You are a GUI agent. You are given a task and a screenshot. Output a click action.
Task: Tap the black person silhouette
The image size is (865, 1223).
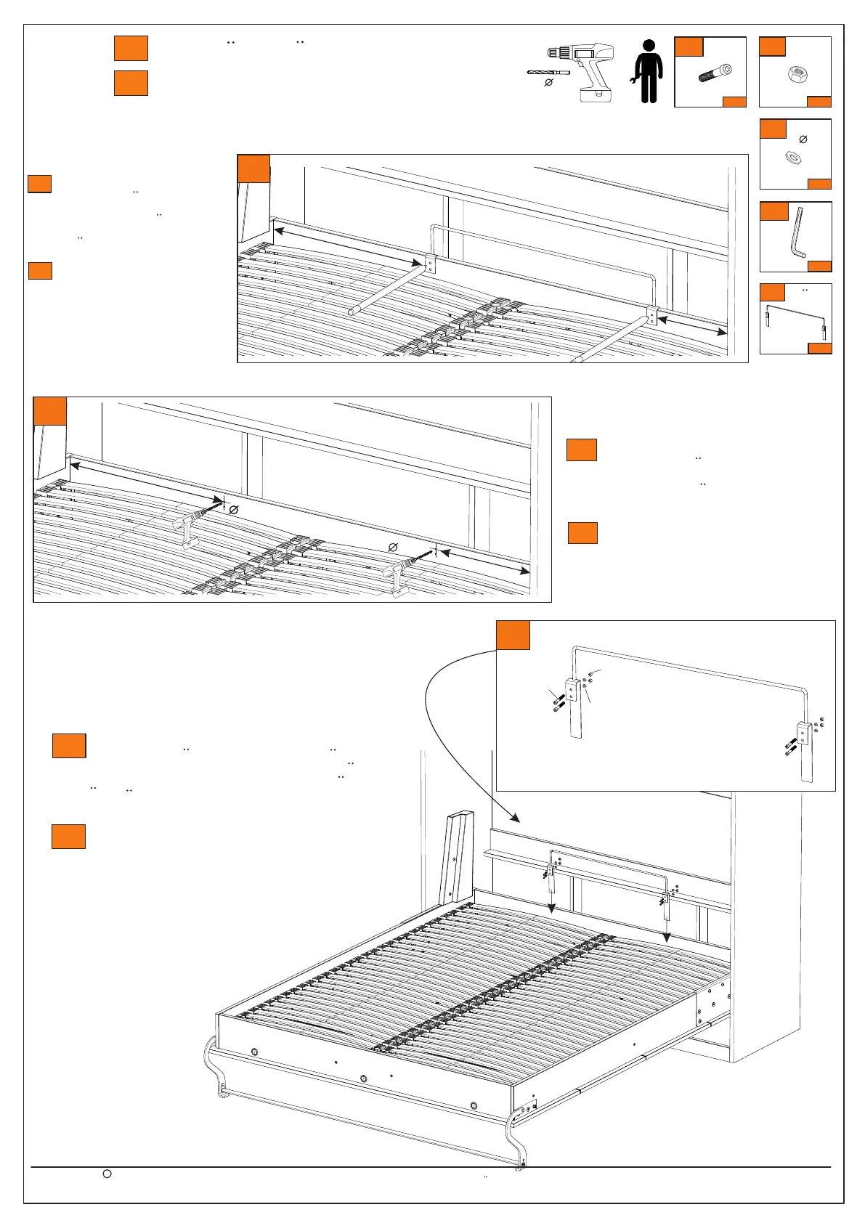click(649, 71)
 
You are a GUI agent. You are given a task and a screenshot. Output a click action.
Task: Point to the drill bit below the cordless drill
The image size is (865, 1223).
click(548, 73)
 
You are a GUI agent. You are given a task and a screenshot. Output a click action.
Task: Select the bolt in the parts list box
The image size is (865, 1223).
click(715, 73)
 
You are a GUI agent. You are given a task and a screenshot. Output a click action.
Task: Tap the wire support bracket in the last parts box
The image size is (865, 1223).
click(795, 318)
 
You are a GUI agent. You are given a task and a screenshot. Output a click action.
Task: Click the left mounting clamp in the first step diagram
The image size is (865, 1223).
click(430, 263)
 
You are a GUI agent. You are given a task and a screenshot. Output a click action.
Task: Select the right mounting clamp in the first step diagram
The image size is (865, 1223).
click(651, 317)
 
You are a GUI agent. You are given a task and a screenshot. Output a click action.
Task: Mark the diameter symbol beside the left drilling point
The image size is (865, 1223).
click(234, 511)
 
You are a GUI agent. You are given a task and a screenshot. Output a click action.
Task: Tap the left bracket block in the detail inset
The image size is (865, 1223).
click(573, 690)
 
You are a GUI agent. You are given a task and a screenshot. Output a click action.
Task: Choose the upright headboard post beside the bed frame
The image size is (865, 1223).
click(457, 858)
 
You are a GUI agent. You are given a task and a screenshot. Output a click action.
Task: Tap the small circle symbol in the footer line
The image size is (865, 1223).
click(107, 1174)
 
